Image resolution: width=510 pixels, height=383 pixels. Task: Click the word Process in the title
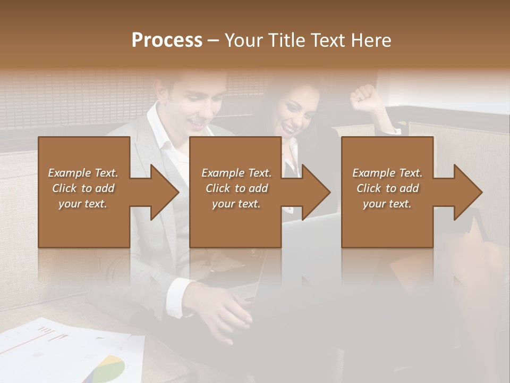pyautogui.click(x=167, y=40)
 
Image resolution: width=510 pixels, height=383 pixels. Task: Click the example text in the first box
pyautogui.click(x=83, y=188)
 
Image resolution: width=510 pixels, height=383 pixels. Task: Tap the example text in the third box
pyautogui.click(x=387, y=188)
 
